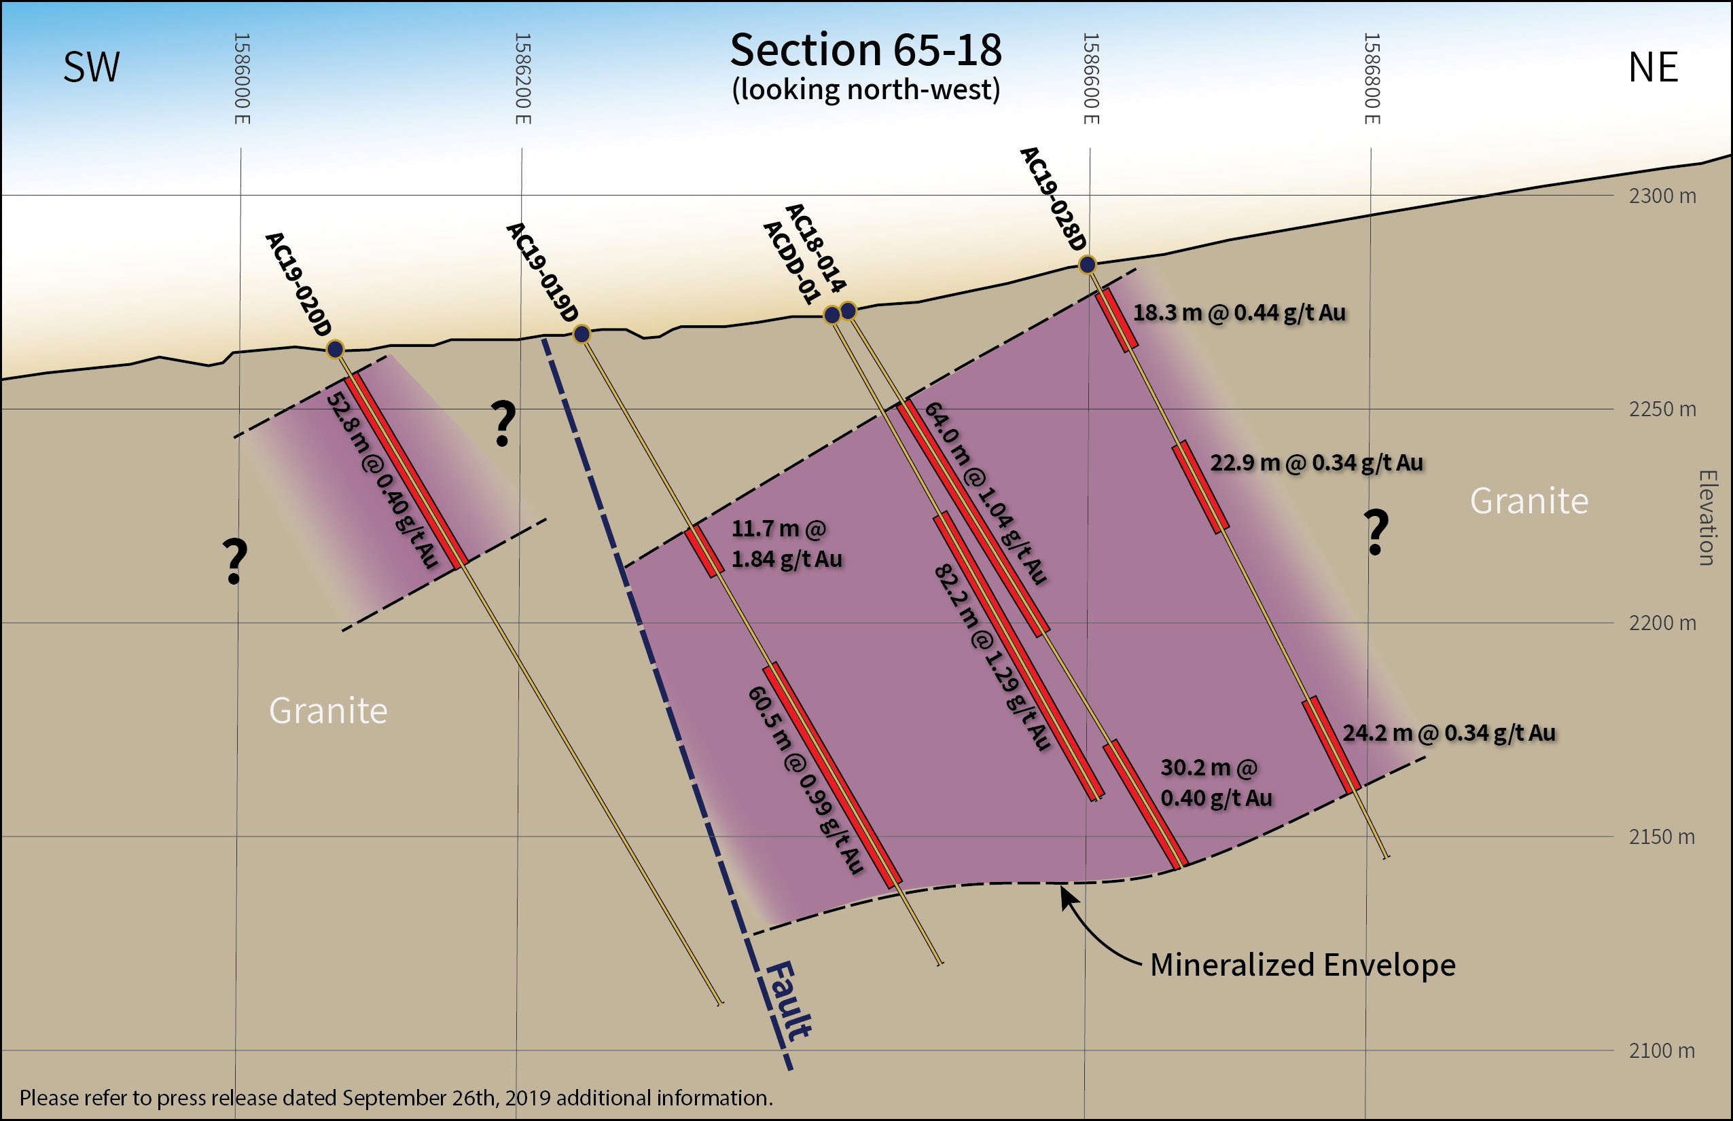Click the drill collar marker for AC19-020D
coord(335,350)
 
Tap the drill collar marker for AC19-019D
coord(582,334)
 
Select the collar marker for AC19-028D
coord(1087,263)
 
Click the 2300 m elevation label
coord(1662,196)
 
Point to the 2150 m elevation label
coord(1662,837)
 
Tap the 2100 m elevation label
coord(1662,1051)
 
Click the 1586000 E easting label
coord(242,79)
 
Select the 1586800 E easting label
coord(1372,79)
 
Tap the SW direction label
coord(91,67)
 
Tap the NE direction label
coord(1653,67)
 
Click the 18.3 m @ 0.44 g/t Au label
coord(1239,313)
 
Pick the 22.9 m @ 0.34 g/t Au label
coord(1317,463)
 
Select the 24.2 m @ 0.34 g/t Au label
coord(1449,733)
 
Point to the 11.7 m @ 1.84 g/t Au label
coord(787,544)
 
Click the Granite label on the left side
coord(327,710)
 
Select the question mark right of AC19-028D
coord(1376,533)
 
